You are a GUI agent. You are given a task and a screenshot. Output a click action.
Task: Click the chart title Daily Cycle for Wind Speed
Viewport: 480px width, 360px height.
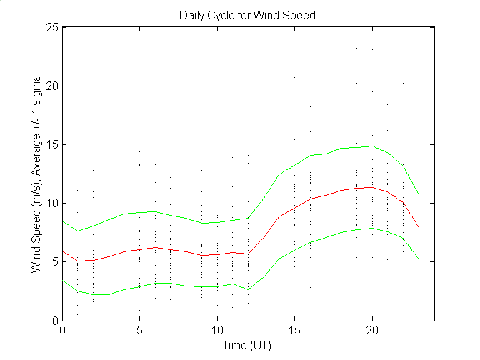247,14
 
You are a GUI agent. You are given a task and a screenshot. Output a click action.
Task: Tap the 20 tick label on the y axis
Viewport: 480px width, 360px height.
52,86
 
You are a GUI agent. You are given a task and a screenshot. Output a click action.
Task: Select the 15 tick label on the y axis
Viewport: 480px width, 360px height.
52,144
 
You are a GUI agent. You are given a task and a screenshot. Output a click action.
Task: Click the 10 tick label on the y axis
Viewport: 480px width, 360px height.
52,203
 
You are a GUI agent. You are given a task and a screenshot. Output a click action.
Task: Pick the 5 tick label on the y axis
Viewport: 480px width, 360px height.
55,261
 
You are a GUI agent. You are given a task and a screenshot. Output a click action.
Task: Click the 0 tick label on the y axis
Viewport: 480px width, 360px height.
55,320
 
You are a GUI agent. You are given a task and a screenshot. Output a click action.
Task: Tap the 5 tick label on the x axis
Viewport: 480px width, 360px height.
140,331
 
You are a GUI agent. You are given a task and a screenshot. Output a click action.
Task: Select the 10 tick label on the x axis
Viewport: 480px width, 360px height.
217,331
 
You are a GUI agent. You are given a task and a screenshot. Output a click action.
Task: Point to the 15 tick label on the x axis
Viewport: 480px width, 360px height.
294,331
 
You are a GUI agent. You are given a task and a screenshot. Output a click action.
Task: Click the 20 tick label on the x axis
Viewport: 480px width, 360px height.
371,331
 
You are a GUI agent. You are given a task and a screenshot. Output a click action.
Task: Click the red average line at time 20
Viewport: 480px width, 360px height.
371,187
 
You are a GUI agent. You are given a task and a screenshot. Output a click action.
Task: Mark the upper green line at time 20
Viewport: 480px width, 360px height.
371,146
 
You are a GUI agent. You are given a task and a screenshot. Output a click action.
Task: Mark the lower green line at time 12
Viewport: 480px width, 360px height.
248,289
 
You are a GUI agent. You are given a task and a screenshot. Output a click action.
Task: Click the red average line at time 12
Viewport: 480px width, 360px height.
248,254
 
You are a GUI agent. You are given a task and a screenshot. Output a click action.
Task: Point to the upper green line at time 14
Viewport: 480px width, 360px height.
279,174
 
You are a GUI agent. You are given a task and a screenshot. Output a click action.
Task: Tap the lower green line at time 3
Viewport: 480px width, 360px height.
109,294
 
